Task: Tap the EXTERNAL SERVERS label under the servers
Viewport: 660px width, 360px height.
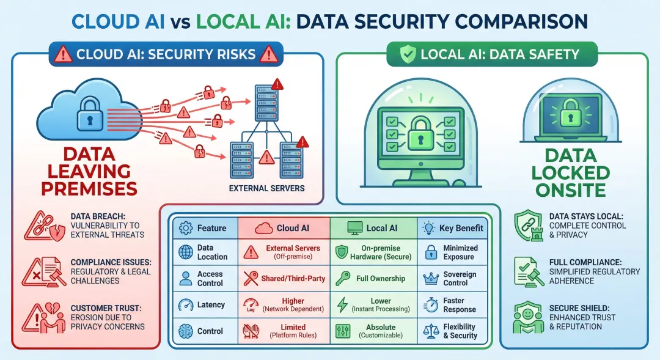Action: (266, 188)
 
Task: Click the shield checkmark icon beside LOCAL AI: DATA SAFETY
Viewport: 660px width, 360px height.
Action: (408, 54)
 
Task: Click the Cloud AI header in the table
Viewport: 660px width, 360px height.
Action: (284, 228)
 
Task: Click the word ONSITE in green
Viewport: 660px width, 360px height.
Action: (565, 190)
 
